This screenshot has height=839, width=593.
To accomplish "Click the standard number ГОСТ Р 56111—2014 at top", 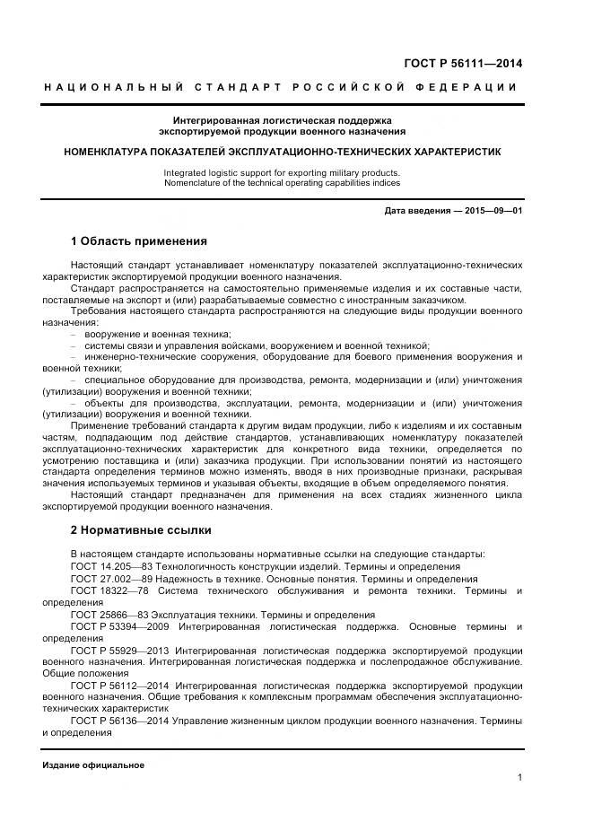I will pos(466,64).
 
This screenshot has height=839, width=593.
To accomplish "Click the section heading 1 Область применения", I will pos(138,241).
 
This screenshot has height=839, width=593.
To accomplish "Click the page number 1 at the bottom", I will pos(519,777).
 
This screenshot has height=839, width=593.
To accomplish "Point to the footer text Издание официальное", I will pos(92,765).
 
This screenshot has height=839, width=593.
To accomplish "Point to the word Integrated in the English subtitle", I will pos(185,172).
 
